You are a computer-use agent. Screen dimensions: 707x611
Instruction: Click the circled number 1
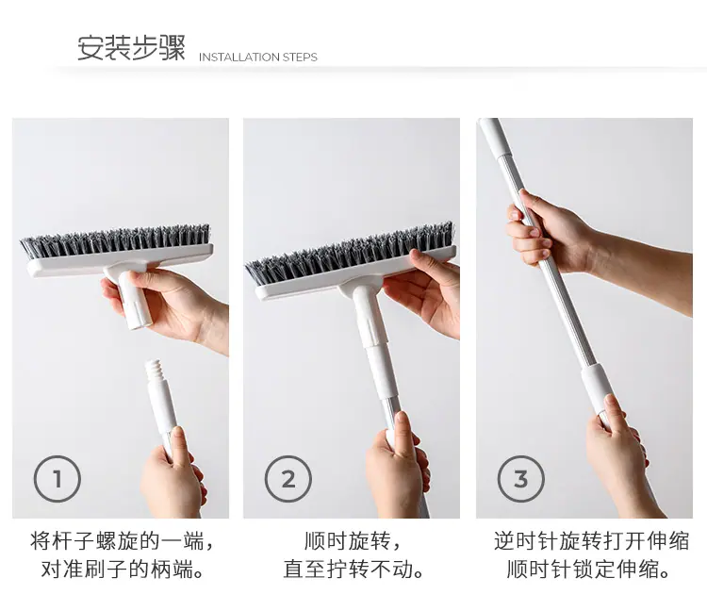58,478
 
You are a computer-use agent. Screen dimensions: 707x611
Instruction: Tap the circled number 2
288,478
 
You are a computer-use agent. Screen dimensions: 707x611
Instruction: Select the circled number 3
520,478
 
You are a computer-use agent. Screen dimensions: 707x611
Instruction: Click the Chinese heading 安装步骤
131,48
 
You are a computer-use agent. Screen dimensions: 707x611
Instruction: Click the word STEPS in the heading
300,58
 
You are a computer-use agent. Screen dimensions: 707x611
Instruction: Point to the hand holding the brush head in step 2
424,293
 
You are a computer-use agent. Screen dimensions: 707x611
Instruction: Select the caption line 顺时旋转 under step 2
353,540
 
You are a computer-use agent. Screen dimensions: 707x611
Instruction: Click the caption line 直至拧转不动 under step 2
354,570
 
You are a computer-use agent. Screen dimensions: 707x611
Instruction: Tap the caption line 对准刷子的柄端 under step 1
123,570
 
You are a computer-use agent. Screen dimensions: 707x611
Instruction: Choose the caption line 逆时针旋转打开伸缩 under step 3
592,540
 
